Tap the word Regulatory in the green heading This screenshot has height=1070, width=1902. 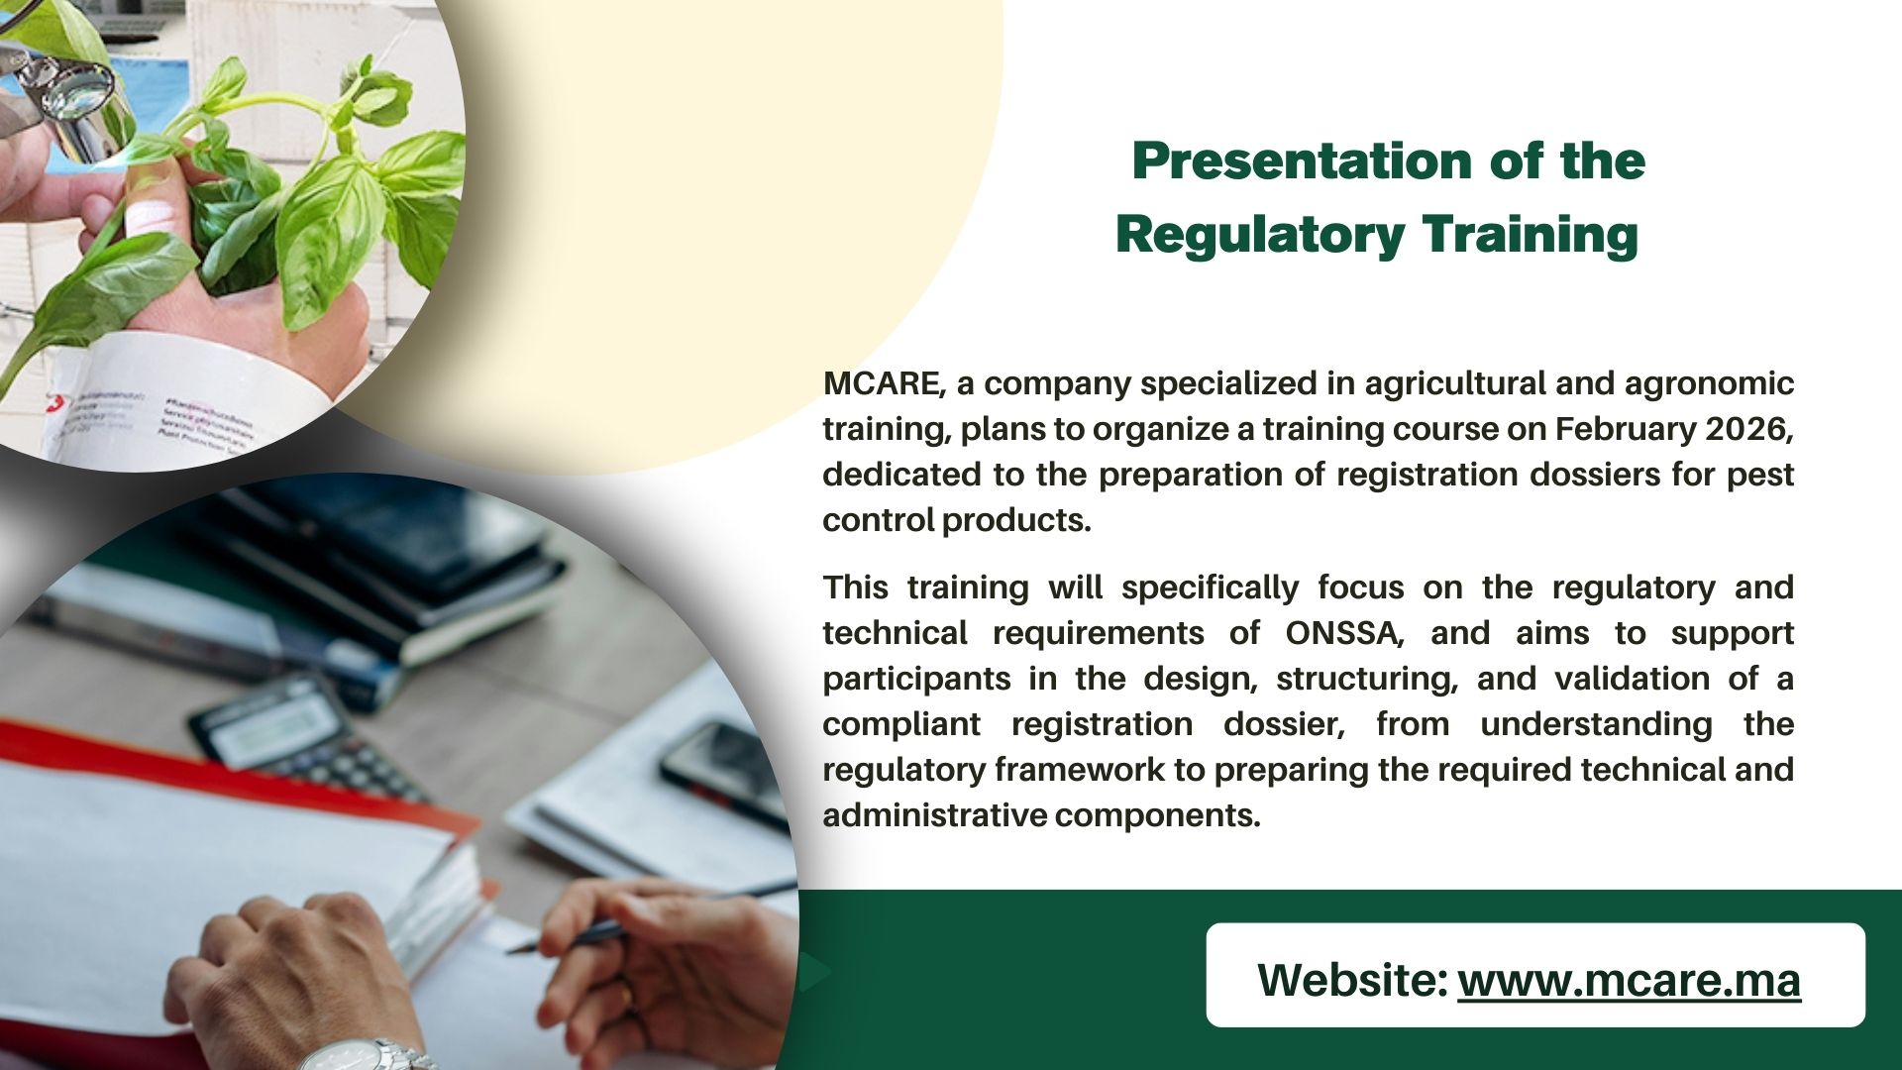click(1260, 236)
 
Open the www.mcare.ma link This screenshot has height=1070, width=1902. click(1629, 980)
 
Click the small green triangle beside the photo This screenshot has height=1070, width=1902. click(814, 973)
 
